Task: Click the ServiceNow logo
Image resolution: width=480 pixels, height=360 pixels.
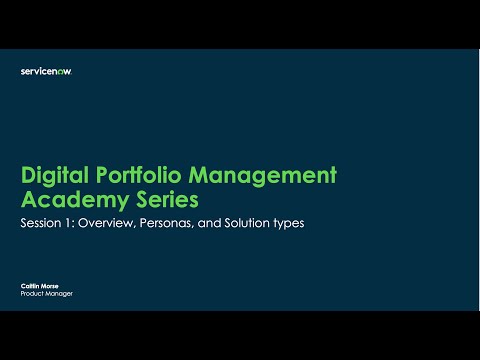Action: (x=46, y=71)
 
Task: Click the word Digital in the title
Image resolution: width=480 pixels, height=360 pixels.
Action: (x=54, y=175)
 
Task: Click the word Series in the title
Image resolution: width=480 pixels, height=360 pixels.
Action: (x=154, y=198)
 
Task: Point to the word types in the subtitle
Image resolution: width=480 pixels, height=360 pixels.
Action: (x=284, y=223)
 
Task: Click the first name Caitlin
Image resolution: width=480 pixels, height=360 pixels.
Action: (x=30, y=287)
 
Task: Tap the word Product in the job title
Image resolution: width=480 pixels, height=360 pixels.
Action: (x=32, y=295)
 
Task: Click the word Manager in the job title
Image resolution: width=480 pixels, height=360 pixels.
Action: (x=59, y=295)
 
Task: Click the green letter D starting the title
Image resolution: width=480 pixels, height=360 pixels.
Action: (x=27, y=175)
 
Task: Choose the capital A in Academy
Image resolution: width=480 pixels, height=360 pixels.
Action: (x=28, y=198)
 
